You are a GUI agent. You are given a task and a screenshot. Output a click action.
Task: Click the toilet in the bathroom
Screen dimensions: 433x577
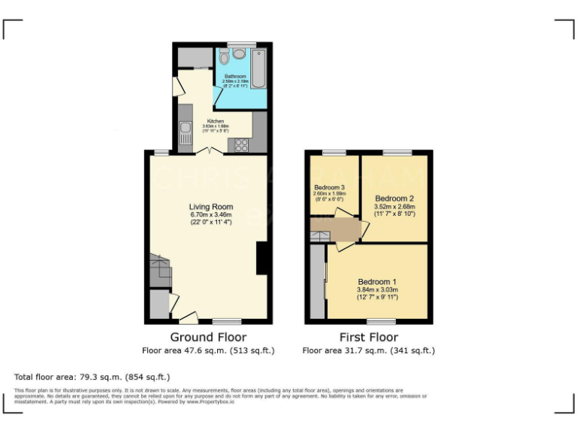[x=239, y=53]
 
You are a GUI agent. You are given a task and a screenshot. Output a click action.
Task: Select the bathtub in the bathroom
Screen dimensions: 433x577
[x=259, y=67]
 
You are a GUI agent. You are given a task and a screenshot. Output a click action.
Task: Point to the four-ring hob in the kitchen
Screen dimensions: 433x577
[x=243, y=144]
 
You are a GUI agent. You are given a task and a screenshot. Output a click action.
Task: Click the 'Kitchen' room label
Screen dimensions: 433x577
[x=216, y=121]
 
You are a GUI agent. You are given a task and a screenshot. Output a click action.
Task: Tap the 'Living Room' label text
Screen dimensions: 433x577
[x=210, y=207]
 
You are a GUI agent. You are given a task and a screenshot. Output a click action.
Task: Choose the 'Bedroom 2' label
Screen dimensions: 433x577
[x=394, y=198]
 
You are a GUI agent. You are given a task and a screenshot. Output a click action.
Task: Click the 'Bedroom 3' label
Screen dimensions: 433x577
[x=328, y=187]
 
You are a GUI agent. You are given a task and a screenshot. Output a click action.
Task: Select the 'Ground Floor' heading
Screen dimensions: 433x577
[x=208, y=338]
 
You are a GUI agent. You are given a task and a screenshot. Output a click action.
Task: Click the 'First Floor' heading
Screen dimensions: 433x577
[x=368, y=338]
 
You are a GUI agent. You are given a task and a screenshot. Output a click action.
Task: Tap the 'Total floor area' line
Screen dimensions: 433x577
[x=92, y=377]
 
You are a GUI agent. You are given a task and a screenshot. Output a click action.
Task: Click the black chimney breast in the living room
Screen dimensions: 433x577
[x=261, y=258]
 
